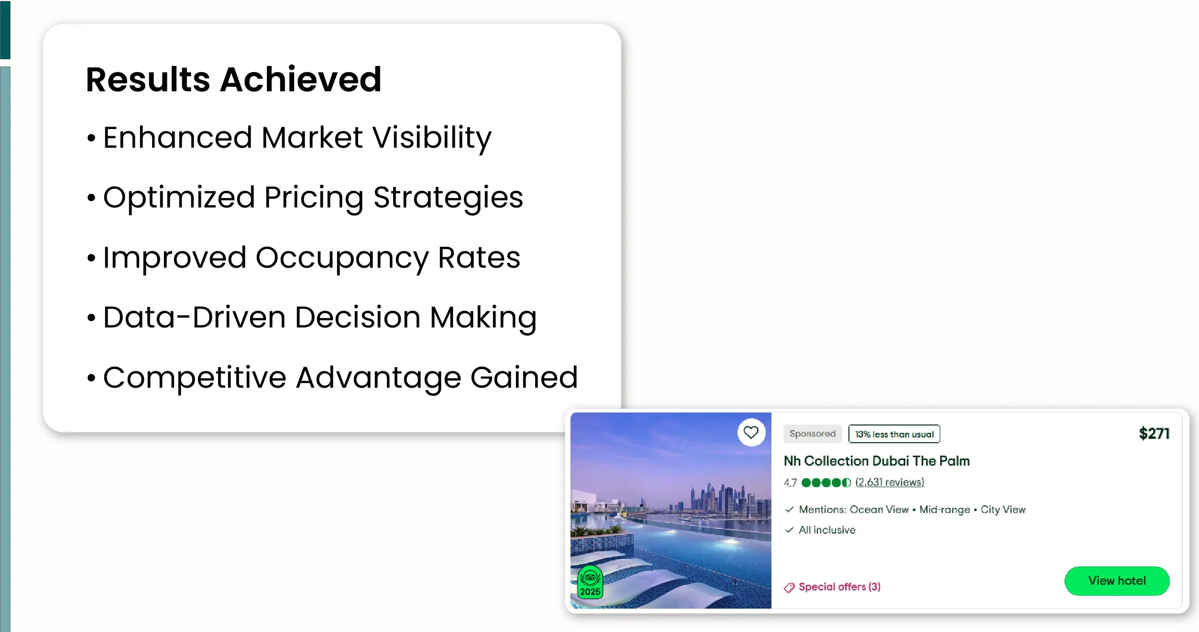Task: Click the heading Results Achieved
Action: tap(233, 79)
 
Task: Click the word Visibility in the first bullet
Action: tap(432, 138)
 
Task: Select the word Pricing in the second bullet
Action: tap(314, 198)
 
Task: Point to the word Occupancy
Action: tap(342, 258)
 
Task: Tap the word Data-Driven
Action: tap(194, 317)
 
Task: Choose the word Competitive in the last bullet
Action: tap(195, 378)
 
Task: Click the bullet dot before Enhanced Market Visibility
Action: tap(91, 139)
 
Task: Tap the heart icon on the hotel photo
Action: tap(751, 433)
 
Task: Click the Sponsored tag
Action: tap(813, 434)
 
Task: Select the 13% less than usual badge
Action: tap(894, 434)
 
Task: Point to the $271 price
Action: tap(1154, 434)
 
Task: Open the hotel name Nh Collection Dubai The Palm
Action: tap(877, 461)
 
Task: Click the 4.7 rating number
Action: tap(790, 483)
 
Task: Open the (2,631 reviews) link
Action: tap(890, 482)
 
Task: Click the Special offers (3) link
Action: tap(839, 587)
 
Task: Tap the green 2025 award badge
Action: tap(590, 582)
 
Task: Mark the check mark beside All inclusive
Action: tap(789, 530)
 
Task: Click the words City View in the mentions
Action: tap(1003, 510)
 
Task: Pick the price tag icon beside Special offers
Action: tap(789, 588)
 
